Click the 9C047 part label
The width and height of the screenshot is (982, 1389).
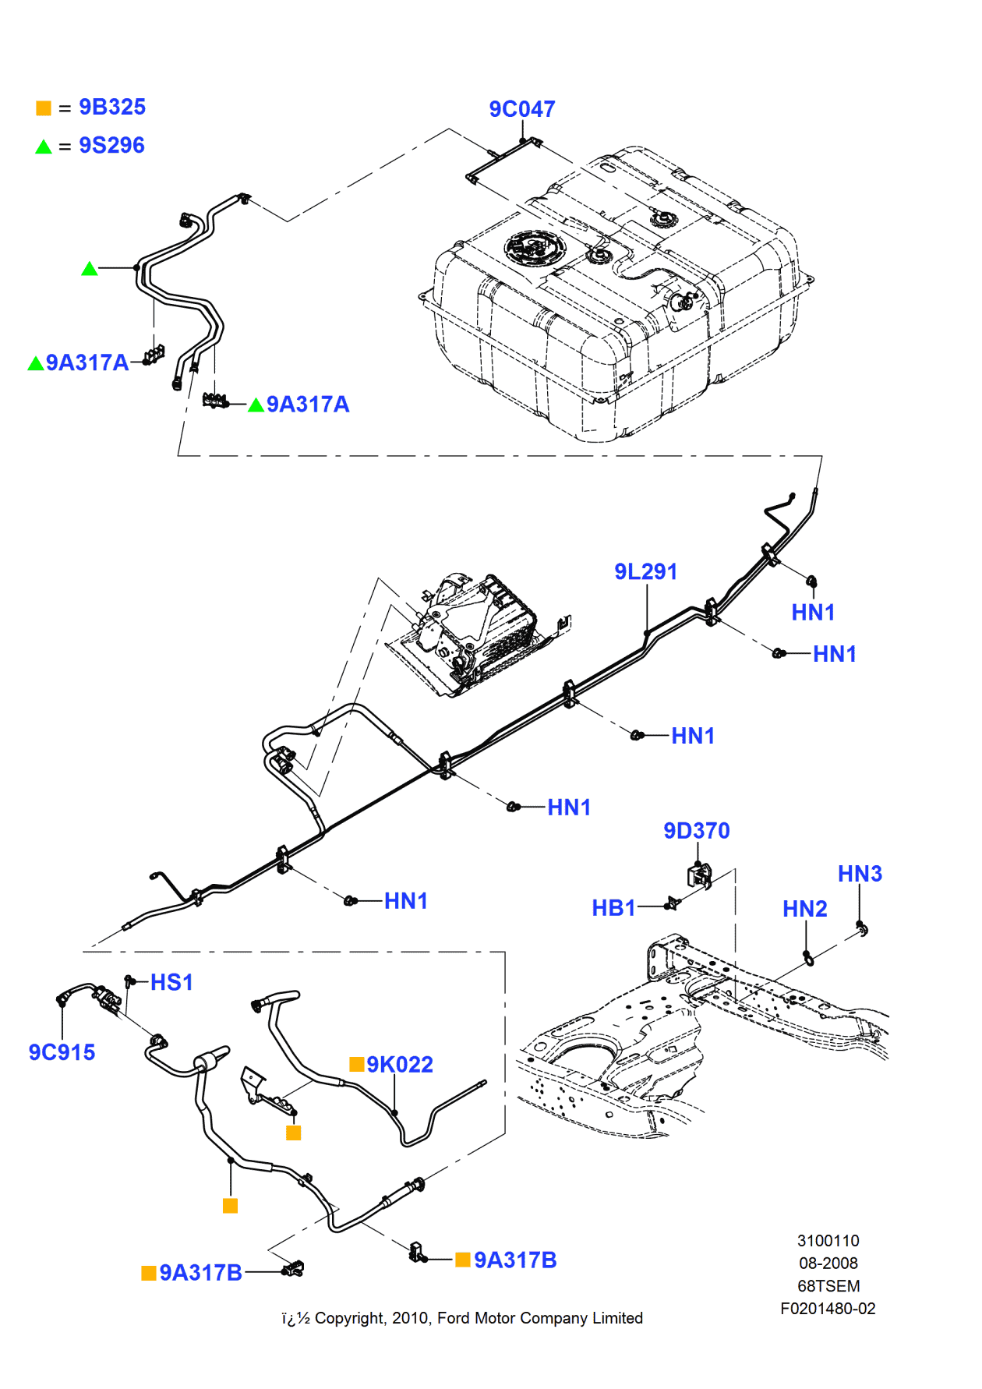[x=521, y=109]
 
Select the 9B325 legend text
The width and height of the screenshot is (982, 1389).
[x=111, y=107]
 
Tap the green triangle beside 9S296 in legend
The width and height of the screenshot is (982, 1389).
[x=44, y=147]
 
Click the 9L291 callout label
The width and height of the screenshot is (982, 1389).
[x=645, y=571]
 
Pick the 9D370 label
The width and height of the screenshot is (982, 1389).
[x=696, y=830]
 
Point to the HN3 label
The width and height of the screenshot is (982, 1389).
[x=859, y=874]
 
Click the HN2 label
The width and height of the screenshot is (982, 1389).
[x=804, y=909]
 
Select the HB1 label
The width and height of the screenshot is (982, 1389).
[x=613, y=908]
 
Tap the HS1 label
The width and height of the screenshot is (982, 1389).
[x=171, y=982]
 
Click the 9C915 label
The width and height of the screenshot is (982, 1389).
[x=62, y=1052]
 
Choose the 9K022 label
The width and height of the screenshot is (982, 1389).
[x=399, y=1065]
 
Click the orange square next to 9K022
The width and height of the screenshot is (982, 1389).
[x=357, y=1064]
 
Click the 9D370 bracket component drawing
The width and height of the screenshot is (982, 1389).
[x=699, y=876]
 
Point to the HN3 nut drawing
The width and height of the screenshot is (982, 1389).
[x=862, y=928]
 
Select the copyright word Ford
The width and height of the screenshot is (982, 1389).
[x=454, y=1318]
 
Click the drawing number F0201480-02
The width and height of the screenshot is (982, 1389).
[x=828, y=1309]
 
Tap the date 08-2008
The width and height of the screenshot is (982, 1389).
[x=828, y=1263]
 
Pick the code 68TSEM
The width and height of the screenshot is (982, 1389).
[x=828, y=1286]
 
